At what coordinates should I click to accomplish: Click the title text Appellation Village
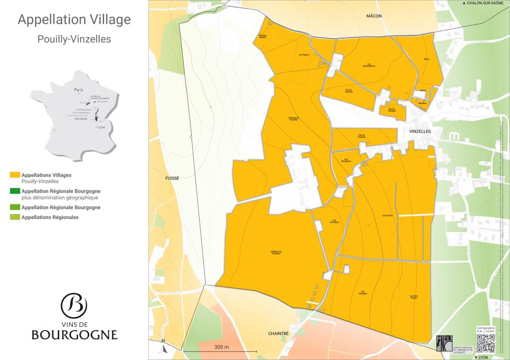[74, 20]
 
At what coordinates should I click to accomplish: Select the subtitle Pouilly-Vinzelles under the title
[74, 39]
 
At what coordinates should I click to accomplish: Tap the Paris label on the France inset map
[78, 90]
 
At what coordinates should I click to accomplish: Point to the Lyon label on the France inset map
[102, 127]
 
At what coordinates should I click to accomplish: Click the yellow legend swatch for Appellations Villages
[15, 175]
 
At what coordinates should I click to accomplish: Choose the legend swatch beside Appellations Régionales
[15, 217]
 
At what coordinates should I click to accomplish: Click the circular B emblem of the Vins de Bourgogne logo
[74, 305]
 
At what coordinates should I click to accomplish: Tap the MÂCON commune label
[374, 16]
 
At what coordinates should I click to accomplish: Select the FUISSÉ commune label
[171, 178]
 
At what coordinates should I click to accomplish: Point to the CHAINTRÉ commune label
[278, 334]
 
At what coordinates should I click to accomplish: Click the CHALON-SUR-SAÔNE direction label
[485, 3]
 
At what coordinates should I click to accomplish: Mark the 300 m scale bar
[221, 351]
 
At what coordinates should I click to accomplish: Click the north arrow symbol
[163, 343]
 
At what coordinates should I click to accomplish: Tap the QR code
[486, 343]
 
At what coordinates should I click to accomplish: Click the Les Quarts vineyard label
[387, 216]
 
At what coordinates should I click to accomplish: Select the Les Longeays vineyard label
[364, 293]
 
